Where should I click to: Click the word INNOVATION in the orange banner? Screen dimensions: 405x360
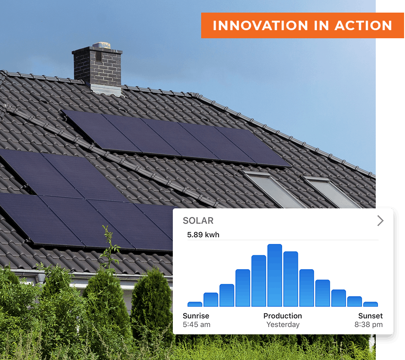point(261,26)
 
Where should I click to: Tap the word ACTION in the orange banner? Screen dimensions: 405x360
point(364,26)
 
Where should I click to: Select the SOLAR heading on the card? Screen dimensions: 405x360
point(198,220)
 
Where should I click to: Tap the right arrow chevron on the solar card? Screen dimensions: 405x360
point(380,221)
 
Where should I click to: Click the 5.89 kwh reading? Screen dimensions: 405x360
point(203,235)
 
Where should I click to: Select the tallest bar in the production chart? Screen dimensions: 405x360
point(274,275)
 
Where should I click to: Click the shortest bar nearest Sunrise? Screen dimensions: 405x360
point(195,304)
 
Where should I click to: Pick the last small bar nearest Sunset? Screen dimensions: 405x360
point(370,304)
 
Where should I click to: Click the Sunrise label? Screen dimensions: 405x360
point(196,316)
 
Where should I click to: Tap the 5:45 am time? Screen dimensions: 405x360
point(196,324)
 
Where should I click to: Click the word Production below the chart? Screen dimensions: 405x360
point(283,316)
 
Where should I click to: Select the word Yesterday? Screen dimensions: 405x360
point(283,324)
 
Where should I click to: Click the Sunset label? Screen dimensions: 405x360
point(370,316)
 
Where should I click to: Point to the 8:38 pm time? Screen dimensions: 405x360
point(369,324)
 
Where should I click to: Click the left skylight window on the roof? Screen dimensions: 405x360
point(273,189)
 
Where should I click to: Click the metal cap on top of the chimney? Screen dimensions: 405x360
point(102,45)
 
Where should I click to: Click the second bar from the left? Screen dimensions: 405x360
point(211,300)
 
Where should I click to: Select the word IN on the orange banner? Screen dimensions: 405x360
point(321,26)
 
